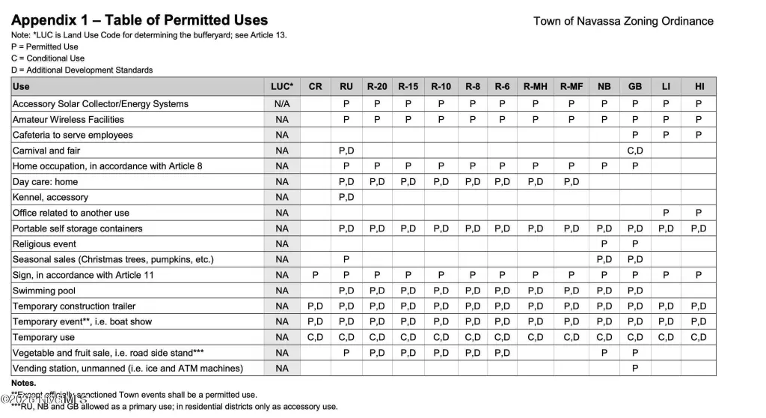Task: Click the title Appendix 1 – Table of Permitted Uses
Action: [x=139, y=20]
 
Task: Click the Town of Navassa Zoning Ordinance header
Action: [x=623, y=21]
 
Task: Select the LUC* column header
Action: [x=281, y=87]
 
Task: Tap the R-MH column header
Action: [x=536, y=87]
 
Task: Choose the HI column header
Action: [x=699, y=87]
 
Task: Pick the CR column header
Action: [x=315, y=87]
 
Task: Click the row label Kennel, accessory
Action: [x=50, y=197]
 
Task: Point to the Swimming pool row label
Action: [x=44, y=291]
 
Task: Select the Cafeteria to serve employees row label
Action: [x=73, y=135]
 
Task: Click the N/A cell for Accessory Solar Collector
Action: [x=281, y=104]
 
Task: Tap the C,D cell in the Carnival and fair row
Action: [x=635, y=151]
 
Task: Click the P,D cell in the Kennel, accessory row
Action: [x=346, y=197]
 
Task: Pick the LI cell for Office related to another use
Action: [x=666, y=213]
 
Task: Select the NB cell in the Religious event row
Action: [x=604, y=244]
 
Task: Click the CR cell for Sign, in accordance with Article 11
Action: [x=315, y=275]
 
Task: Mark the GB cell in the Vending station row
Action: [x=635, y=369]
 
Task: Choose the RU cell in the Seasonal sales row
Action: [x=346, y=259]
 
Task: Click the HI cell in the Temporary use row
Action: [x=699, y=337]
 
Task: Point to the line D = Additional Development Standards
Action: [x=82, y=70]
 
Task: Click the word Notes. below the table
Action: [x=24, y=383]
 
